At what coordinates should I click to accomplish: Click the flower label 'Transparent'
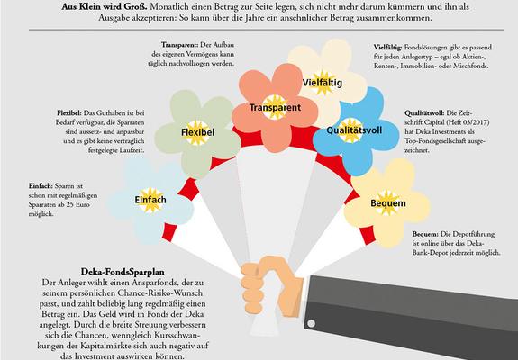point(275,108)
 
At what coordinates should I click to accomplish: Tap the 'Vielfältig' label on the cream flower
point(323,83)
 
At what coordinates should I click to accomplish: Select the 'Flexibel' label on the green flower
point(197,132)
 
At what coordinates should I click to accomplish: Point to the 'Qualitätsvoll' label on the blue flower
point(354,130)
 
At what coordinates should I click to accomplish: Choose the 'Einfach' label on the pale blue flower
point(150,200)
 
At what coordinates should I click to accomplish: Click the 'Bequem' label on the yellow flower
point(388,202)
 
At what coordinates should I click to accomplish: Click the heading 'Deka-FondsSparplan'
point(123,272)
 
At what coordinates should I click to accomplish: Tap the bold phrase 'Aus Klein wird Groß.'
point(105,6)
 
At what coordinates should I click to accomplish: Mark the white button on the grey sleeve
point(311,323)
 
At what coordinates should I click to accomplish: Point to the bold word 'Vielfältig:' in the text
point(388,48)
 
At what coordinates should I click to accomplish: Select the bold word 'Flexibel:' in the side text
point(69,113)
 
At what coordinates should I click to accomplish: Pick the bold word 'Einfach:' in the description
point(41,186)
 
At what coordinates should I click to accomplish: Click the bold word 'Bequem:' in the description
point(425,234)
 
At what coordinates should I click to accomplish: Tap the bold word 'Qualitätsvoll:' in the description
point(424,113)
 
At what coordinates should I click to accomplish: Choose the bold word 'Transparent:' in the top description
point(179,45)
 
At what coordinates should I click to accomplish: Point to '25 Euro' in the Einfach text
point(78,204)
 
